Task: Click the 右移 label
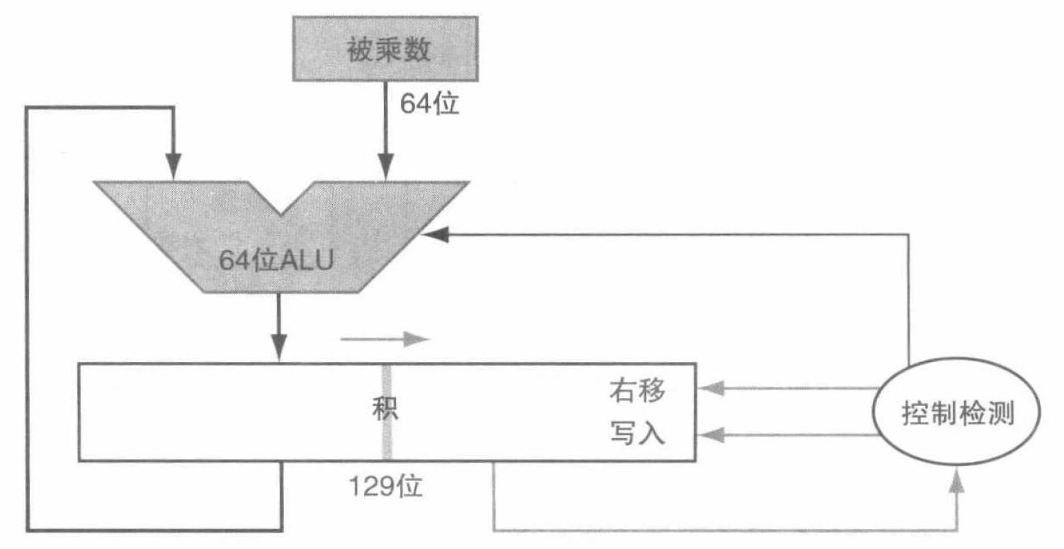tap(638, 391)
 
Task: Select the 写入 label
tap(638, 434)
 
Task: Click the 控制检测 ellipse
tap(958, 414)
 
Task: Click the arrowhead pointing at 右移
tap(709, 388)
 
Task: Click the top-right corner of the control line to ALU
tap(908, 234)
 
